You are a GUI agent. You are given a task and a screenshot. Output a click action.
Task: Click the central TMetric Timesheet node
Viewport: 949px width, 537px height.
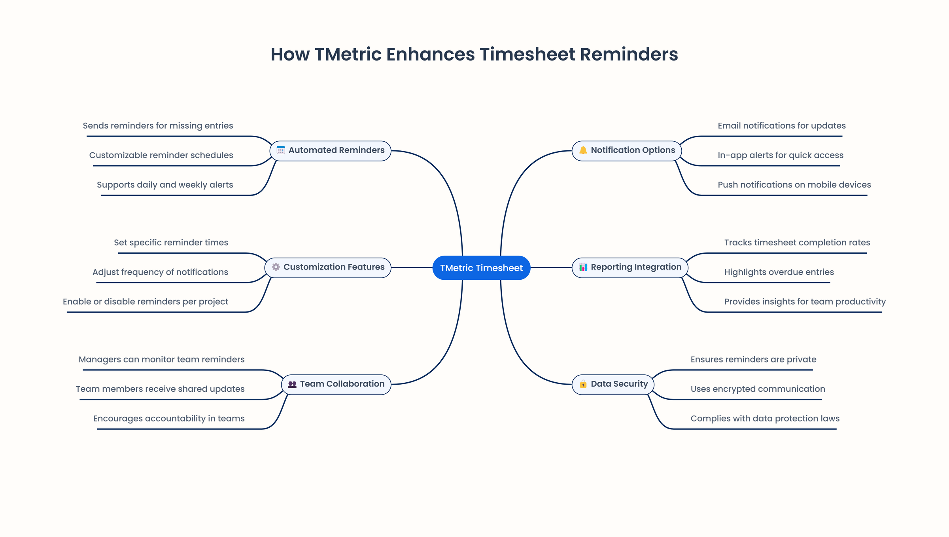click(481, 268)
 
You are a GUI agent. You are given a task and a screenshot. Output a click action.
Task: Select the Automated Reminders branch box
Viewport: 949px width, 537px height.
click(331, 150)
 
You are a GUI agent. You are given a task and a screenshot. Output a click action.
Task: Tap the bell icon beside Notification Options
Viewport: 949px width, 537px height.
click(583, 150)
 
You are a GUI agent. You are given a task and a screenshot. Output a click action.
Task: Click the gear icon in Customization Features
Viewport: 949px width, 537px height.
click(276, 267)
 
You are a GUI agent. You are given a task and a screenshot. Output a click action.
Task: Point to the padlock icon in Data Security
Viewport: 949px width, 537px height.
click(583, 384)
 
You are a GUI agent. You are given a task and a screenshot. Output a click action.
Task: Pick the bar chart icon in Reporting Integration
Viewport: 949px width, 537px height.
click(583, 267)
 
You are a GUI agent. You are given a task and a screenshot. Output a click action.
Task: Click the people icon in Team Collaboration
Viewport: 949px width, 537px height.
click(292, 384)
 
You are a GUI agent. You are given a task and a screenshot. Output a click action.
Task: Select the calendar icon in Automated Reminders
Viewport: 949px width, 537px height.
click(281, 150)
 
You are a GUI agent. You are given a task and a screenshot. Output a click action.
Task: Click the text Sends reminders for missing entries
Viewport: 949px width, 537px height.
click(158, 126)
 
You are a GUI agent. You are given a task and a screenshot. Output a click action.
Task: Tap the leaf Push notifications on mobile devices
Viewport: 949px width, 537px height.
click(794, 185)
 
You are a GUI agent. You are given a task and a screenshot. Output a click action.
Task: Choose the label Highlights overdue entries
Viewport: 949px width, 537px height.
click(779, 272)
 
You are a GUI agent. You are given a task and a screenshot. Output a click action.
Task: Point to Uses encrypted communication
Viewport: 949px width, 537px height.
click(758, 389)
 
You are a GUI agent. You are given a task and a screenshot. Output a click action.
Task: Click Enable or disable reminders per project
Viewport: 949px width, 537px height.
click(146, 302)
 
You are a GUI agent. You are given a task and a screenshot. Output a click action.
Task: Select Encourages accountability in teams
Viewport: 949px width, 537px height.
click(169, 419)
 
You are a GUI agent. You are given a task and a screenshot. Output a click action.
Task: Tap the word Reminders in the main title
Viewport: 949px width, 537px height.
click(629, 55)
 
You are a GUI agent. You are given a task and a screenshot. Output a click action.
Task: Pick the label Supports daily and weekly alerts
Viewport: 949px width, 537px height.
click(165, 185)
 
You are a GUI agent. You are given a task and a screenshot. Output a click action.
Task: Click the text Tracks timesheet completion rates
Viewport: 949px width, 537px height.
click(797, 243)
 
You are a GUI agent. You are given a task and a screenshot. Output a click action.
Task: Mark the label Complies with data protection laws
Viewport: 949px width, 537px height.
click(765, 419)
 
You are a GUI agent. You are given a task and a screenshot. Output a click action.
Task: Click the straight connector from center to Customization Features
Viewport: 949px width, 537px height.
click(411, 268)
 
